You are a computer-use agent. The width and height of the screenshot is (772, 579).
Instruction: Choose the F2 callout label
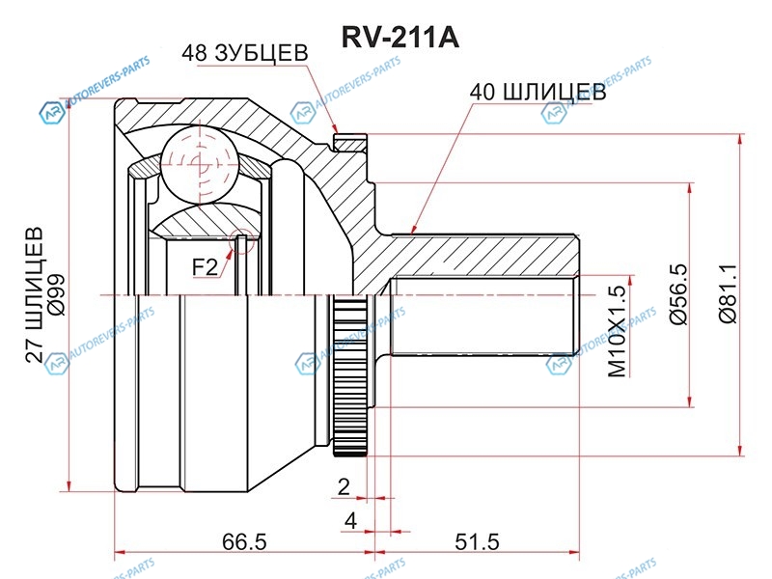click(205, 265)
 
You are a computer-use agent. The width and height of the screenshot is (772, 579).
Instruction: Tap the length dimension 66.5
click(244, 541)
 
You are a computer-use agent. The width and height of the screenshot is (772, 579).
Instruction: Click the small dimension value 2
click(345, 485)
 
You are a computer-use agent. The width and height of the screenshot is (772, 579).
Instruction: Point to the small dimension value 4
click(351, 520)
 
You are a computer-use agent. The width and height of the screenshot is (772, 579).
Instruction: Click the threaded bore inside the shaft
click(482, 317)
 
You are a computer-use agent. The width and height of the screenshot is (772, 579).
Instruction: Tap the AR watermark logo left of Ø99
click(50, 114)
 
